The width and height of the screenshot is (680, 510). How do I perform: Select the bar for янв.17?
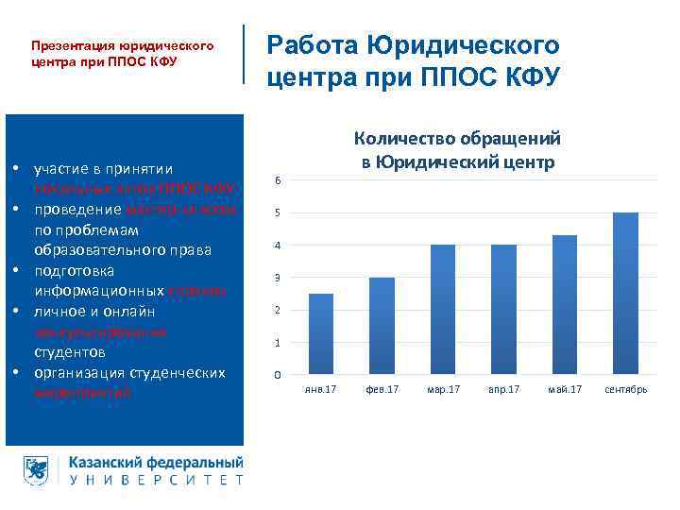point(321,334)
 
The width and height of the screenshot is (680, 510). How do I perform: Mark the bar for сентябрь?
point(625,294)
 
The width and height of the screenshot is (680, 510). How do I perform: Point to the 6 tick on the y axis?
point(276,180)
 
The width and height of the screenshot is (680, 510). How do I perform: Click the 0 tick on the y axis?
point(276,376)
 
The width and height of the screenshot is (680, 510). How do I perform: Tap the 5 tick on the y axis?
point(276,213)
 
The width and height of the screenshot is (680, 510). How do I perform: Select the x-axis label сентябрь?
point(625,389)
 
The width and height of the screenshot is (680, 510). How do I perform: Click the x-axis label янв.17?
point(321,389)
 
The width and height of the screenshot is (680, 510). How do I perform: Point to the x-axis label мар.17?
point(443,389)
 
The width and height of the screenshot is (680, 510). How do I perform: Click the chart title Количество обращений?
point(457,139)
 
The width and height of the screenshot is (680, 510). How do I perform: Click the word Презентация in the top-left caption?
point(72,45)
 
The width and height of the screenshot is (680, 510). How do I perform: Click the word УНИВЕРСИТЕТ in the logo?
point(157,480)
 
